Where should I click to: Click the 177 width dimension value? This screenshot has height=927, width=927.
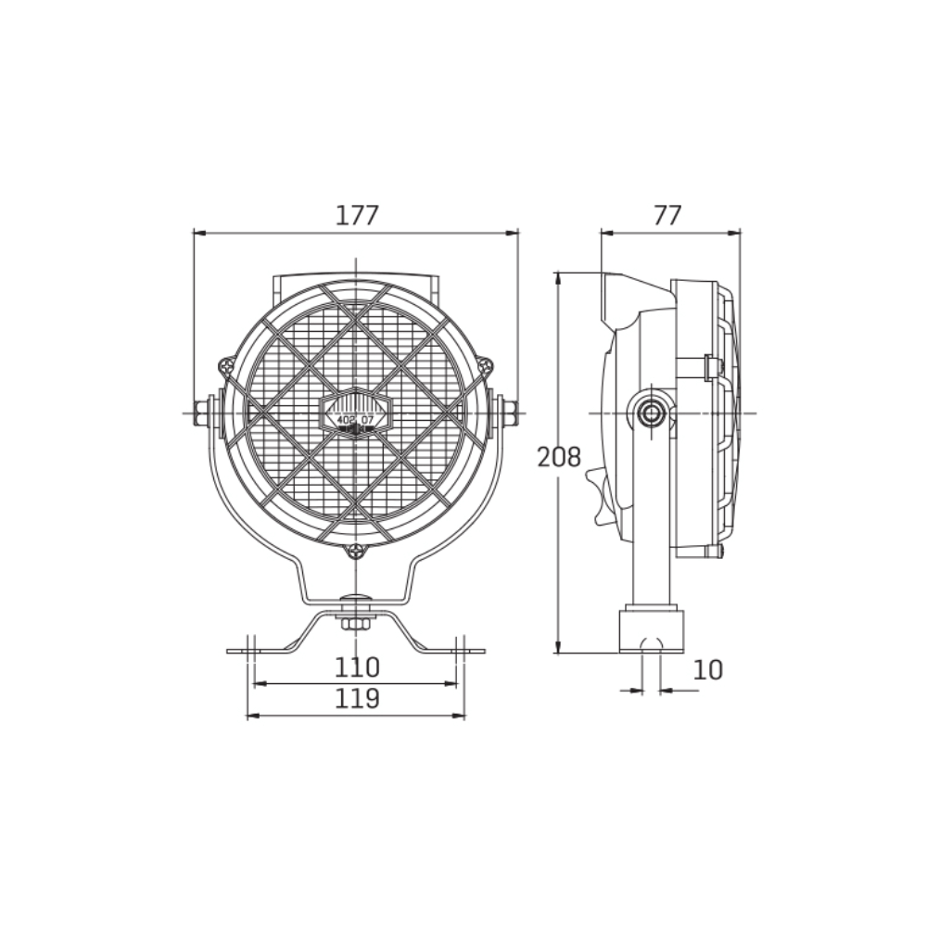(357, 215)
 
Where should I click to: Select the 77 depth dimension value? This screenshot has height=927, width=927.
(667, 215)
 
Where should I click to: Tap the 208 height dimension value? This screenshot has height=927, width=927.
(559, 457)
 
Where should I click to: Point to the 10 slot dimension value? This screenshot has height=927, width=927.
(707, 669)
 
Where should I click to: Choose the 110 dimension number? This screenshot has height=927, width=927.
(358, 667)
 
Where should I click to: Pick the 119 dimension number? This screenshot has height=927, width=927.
(358, 698)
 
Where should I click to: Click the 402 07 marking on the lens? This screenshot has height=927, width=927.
(356, 420)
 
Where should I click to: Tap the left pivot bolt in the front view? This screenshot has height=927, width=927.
(203, 413)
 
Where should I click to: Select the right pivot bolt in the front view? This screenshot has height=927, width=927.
(508, 413)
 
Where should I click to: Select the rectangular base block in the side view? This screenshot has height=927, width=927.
(652, 629)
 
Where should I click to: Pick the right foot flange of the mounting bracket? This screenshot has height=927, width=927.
(463, 651)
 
